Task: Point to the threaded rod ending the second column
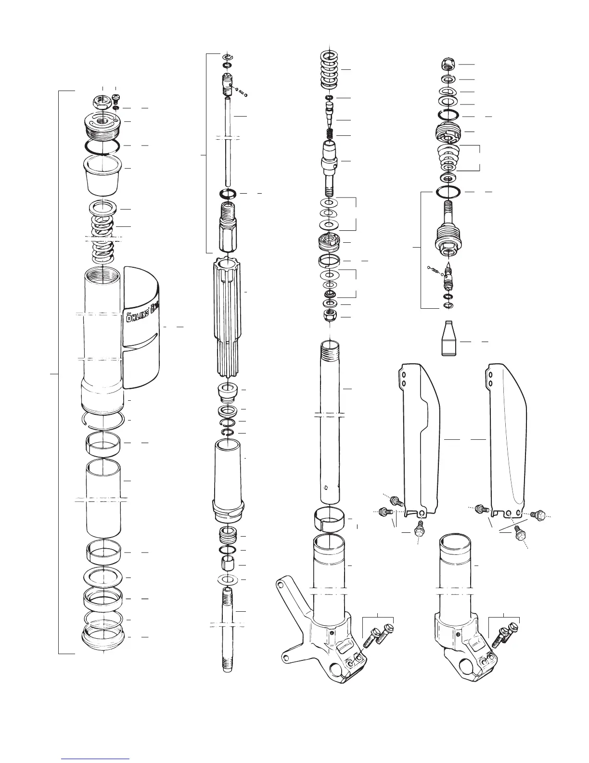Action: point(228,626)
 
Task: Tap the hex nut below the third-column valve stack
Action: point(330,316)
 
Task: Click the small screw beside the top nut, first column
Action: point(116,98)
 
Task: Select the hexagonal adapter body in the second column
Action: point(228,226)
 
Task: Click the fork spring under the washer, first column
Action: point(103,236)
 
